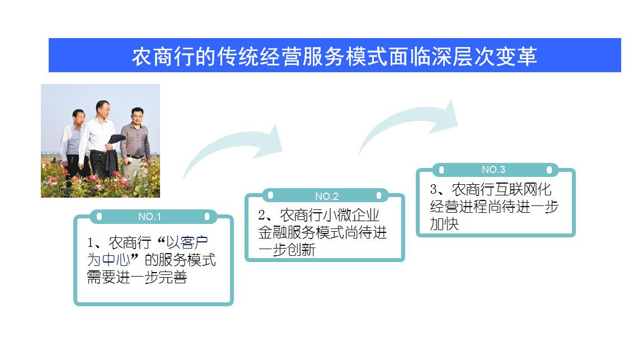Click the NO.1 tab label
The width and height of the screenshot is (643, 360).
coord(149,217)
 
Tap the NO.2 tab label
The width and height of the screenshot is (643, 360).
coord(327,196)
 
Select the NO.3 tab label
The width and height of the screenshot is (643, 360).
coord(494,170)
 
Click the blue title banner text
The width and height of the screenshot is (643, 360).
coord(334,56)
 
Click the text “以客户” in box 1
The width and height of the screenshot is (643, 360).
coord(187,242)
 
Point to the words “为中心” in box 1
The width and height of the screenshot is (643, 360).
coord(109,260)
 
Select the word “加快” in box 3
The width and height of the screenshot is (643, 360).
coord(444,224)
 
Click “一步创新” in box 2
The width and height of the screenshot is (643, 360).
coord(287,250)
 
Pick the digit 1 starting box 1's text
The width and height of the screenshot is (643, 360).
coord(91,243)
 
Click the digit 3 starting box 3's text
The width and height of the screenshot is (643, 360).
coord(434,189)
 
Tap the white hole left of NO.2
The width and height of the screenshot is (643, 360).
coord(271,196)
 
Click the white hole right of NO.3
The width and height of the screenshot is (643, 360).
coord(549,170)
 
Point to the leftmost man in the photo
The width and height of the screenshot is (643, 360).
coord(73,142)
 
